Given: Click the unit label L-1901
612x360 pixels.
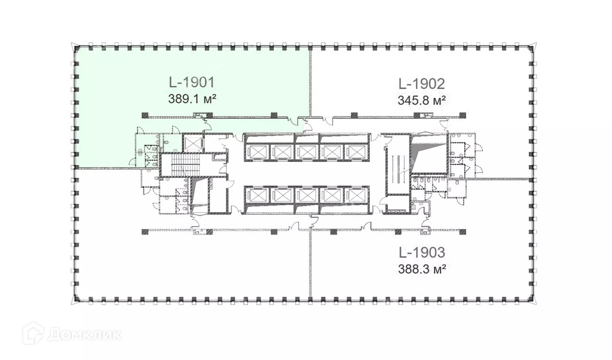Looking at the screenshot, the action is [x=192, y=83].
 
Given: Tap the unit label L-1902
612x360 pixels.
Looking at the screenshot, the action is [x=421, y=84].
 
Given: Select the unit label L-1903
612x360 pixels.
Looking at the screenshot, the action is [x=421, y=252].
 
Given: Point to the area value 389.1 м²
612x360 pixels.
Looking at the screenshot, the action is [x=192, y=99].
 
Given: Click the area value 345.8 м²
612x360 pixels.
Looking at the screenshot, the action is [x=421, y=100].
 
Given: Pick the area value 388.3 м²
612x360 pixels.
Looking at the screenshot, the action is [x=422, y=269].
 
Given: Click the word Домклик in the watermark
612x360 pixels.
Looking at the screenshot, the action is [x=85, y=335].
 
